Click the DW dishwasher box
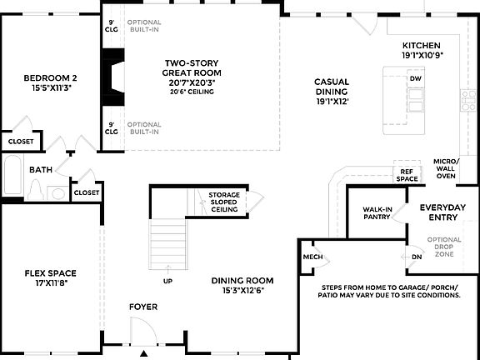(415, 78)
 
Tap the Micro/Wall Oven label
(446, 169)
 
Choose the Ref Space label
(407, 175)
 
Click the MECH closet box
(312, 257)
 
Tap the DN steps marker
(416, 257)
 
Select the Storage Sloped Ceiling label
(224, 202)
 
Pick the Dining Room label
(242, 286)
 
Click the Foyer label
(142, 307)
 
